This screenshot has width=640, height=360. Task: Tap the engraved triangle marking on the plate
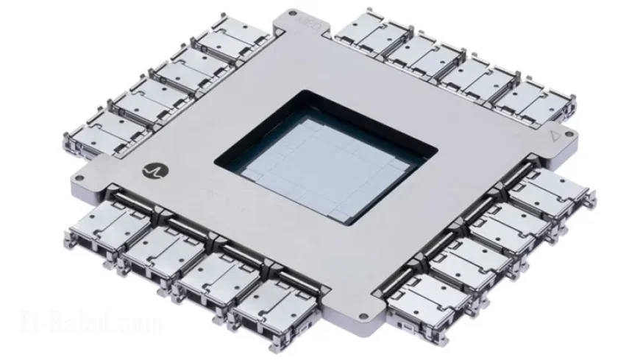point(555,135)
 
